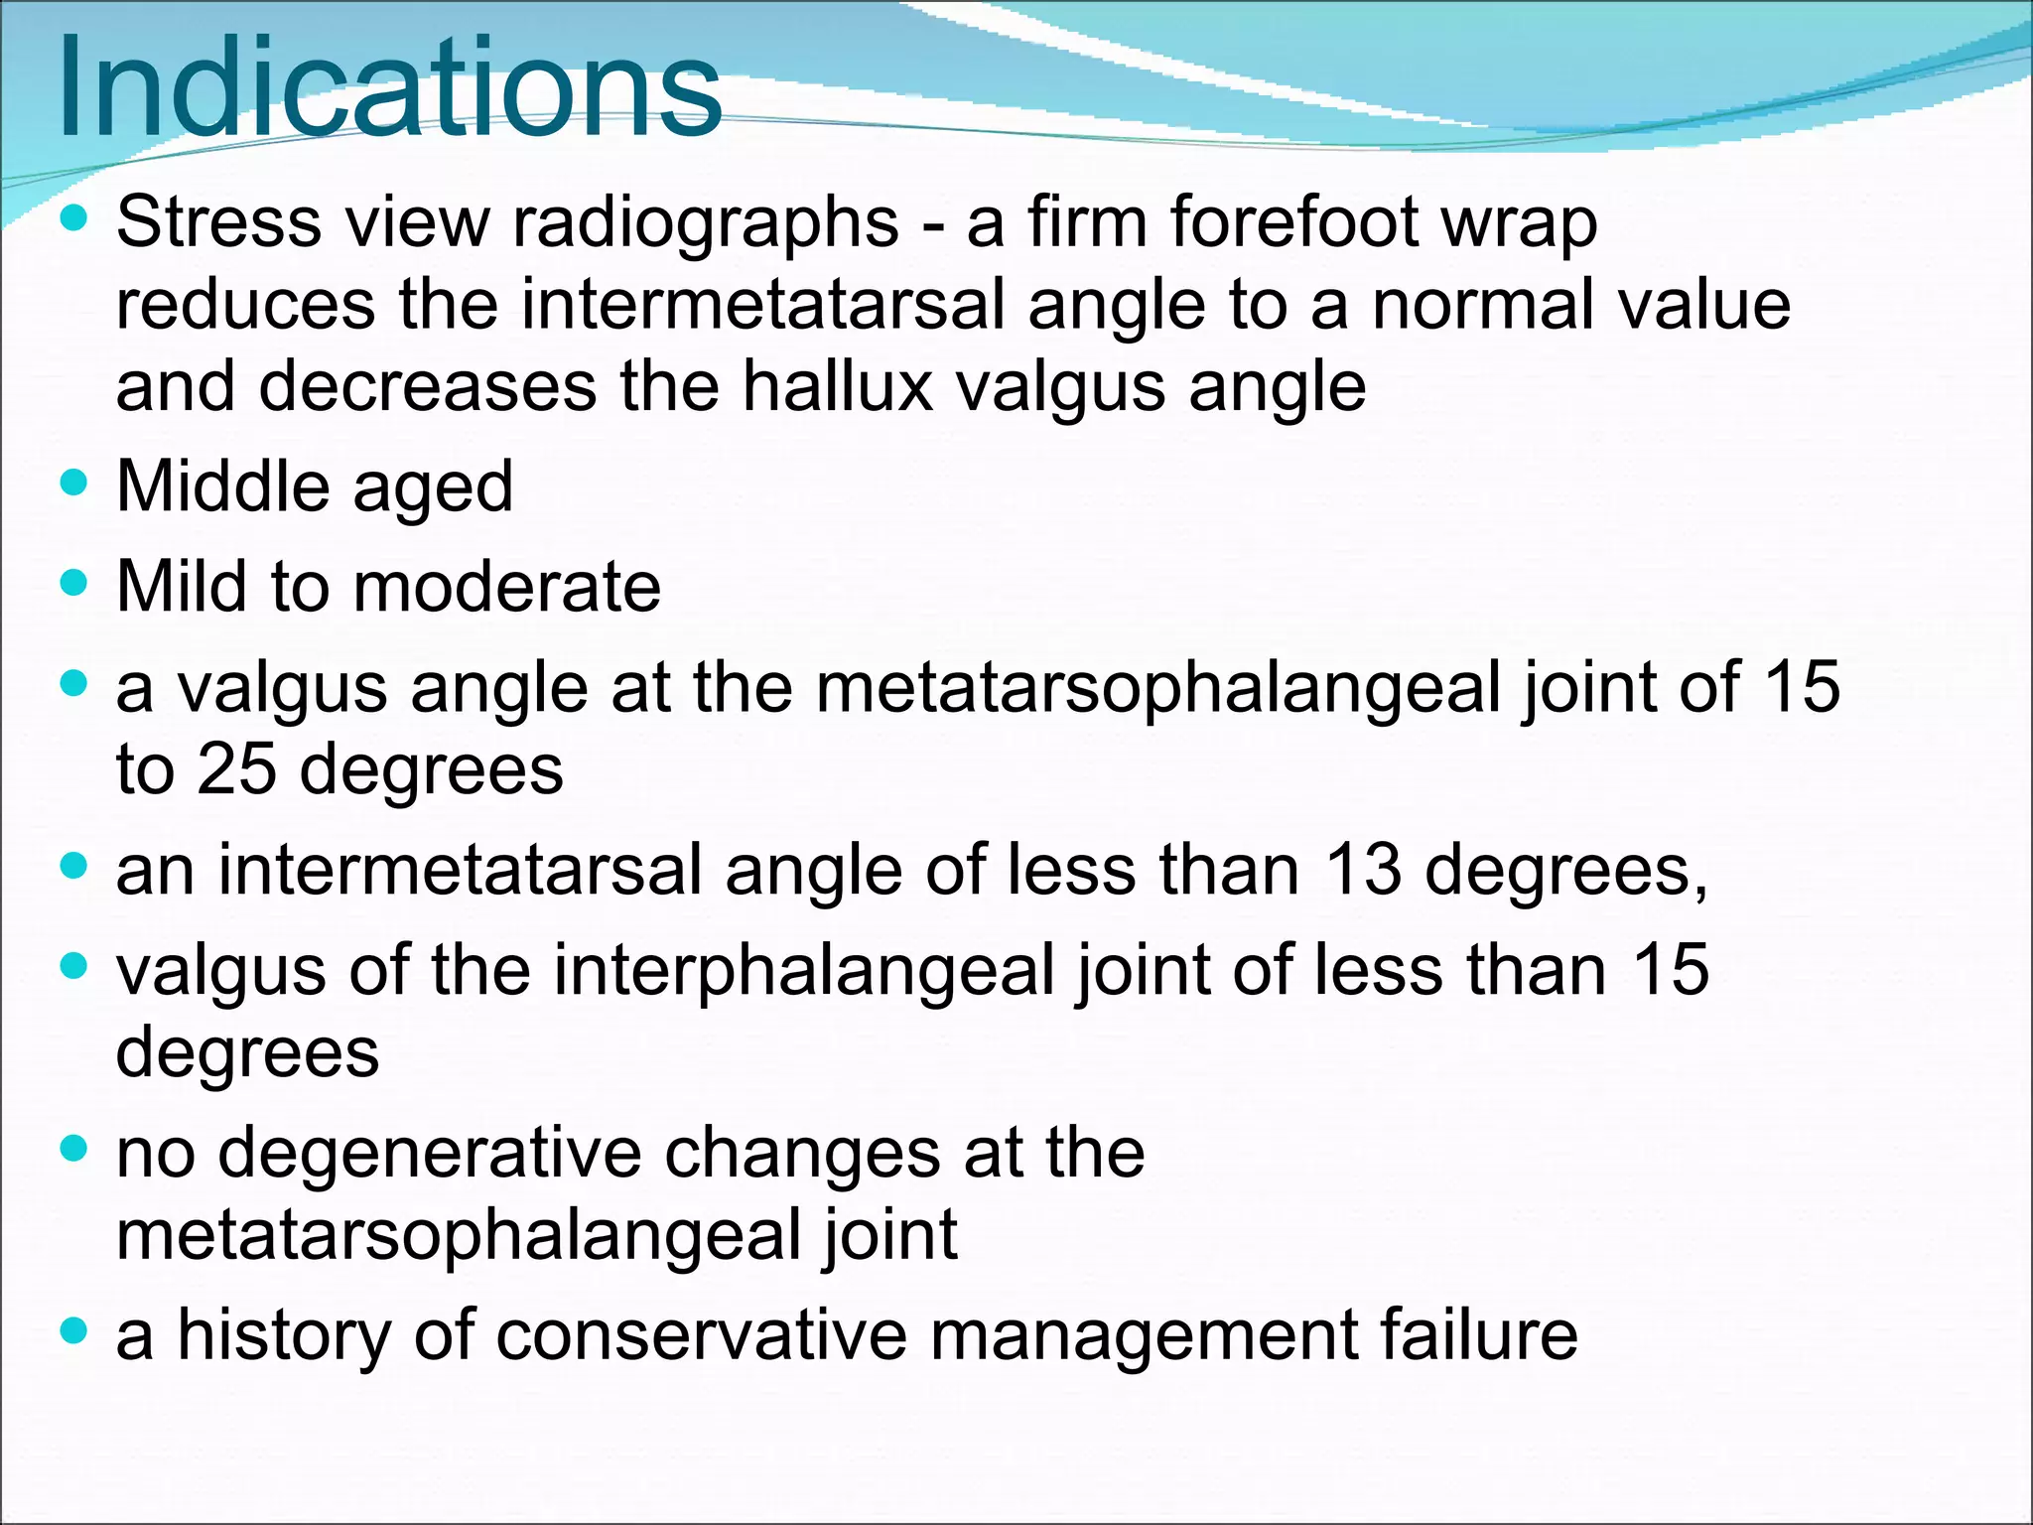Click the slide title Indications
pos(389,89)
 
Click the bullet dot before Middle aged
pos(74,484)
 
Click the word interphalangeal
pos(803,971)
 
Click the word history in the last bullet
pos(284,1335)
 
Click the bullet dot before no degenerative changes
pos(74,1150)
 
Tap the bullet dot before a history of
pos(74,1330)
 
